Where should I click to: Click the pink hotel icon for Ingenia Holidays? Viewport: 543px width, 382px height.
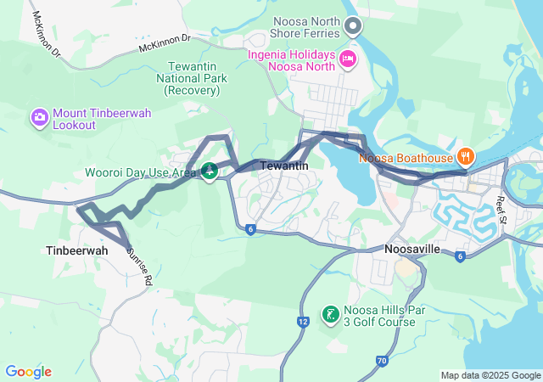pos(346,59)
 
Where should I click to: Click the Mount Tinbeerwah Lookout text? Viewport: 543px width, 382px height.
pos(86,119)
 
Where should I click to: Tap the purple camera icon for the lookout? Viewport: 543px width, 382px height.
pos(39,118)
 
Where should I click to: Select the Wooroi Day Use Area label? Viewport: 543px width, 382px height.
pos(140,172)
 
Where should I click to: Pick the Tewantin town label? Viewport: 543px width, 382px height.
pos(283,166)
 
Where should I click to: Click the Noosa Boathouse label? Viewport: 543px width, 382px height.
pos(406,157)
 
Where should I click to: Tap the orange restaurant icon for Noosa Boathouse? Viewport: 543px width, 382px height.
pos(465,156)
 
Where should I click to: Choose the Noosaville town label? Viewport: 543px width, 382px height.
pos(411,250)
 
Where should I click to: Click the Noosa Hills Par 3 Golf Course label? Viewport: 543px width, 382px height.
pos(379,316)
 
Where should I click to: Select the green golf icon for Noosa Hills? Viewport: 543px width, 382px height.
pos(330,316)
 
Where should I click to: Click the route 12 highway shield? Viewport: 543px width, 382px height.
pos(303,322)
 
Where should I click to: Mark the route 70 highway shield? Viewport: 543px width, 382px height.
pos(382,362)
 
